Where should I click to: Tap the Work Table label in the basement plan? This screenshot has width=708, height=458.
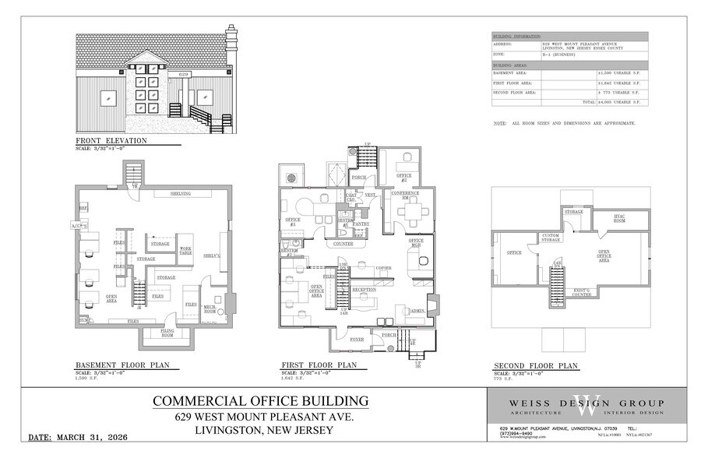(x=185, y=251)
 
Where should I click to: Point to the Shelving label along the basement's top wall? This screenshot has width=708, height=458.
(x=179, y=193)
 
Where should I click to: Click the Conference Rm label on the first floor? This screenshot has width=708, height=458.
(x=405, y=195)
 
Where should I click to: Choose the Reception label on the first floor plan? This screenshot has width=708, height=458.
(x=364, y=290)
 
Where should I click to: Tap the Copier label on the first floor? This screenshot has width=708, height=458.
(x=382, y=268)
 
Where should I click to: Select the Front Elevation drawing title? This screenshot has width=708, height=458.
(x=111, y=140)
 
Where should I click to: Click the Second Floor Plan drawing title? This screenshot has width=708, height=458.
(x=536, y=365)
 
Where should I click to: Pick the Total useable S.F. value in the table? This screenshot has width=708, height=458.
(x=618, y=102)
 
